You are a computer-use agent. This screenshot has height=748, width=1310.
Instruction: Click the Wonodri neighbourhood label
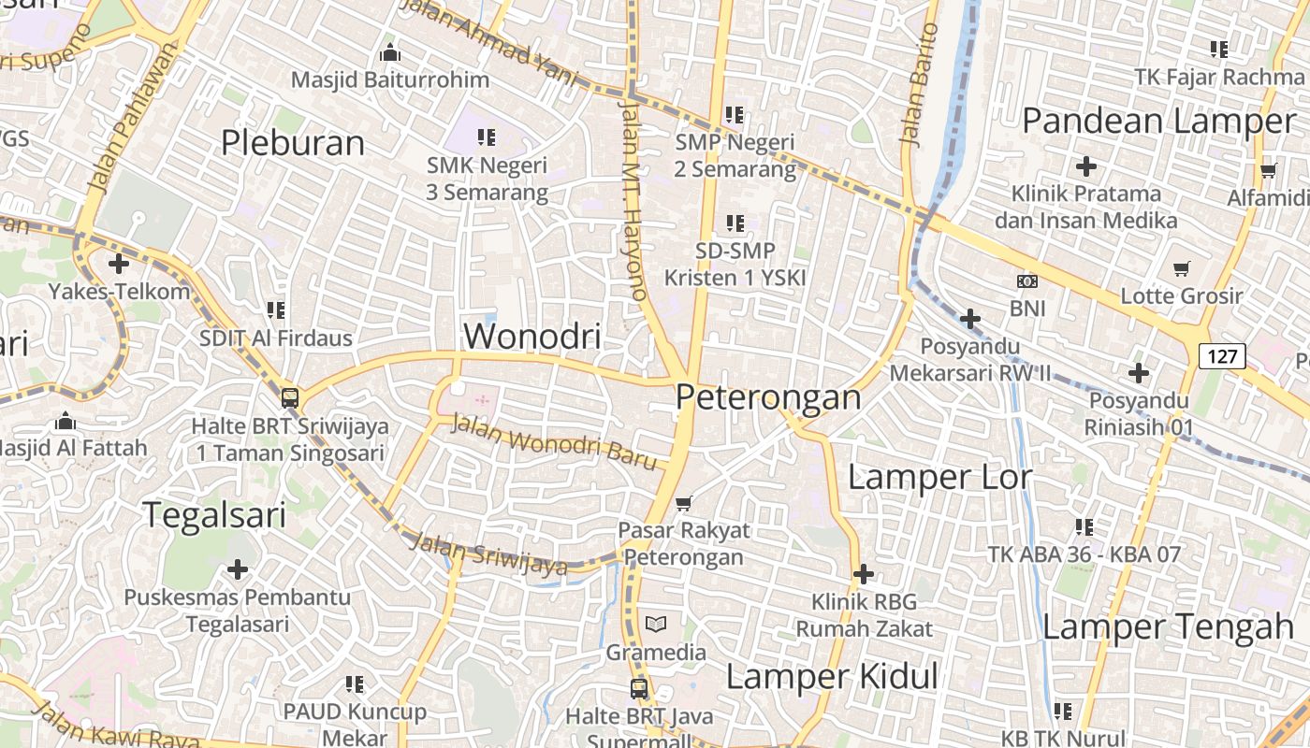pyautogui.click(x=532, y=336)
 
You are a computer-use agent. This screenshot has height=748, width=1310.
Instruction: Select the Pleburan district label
pyautogui.click(x=293, y=143)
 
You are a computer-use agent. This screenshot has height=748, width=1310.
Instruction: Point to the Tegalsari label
pyautogui.click(x=214, y=515)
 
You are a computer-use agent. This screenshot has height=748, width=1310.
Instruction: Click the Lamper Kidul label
pyautogui.click(x=832, y=676)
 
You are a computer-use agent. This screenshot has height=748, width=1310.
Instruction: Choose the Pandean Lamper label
pyautogui.click(x=1158, y=121)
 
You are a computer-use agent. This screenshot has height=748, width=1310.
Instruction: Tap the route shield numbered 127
pyautogui.click(x=1222, y=355)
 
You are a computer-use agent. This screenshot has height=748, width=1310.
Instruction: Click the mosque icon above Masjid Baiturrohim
pyautogui.click(x=390, y=52)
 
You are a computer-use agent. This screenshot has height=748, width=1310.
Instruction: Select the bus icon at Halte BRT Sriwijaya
pyautogui.click(x=290, y=397)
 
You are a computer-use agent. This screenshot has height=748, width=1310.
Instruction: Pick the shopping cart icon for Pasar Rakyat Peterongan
pyautogui.click(x=684, y=503)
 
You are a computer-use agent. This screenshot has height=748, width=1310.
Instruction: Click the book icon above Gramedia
pyautogui.click(x=656, y=624)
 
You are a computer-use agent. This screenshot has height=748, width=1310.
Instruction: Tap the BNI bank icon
pyautogui.click(x=1026, y=280)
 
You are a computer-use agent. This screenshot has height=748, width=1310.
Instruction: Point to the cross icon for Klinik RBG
pyautogui.click(x=864, y=573)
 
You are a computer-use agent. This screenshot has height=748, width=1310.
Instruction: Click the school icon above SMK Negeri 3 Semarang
pyautogui.click(x=487, y=137)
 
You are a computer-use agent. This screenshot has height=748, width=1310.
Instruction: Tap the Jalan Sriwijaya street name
pyautogui.click(x=488, y=554)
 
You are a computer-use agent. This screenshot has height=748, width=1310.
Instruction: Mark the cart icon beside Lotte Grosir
pyautogui.click(x=1182, y=268)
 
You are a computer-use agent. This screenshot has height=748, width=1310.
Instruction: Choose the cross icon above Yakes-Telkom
pyautogui.click(x=119, y=264)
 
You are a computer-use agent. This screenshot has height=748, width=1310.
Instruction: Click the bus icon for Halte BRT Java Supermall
pyautogui.click(x=639, y=689)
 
